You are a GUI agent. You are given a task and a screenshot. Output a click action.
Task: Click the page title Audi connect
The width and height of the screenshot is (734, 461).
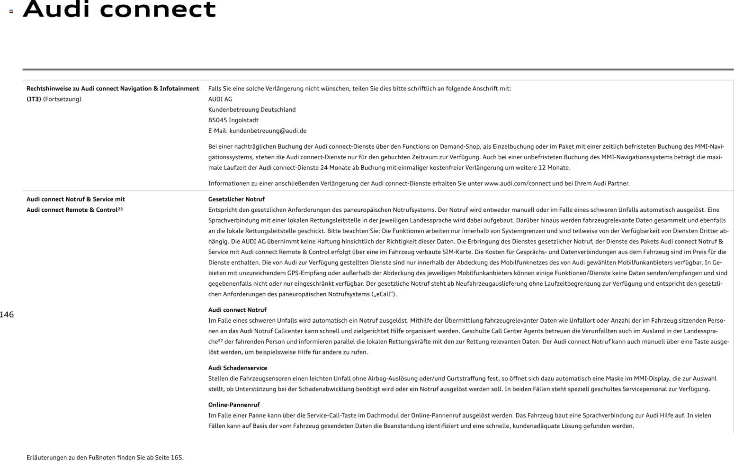click(119, 9)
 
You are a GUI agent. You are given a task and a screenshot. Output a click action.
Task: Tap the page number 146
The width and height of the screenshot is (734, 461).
click(7, 315)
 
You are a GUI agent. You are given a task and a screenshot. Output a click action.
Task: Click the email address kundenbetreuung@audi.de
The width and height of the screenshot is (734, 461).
click(268, 131)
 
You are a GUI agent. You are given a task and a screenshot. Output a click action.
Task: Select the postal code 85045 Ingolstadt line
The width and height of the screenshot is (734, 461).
click(233, 120)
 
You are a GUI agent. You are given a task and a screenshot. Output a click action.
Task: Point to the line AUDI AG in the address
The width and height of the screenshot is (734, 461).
click(220, 99)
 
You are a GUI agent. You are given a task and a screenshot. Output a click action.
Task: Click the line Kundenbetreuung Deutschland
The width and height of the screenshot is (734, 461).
click(251, 109)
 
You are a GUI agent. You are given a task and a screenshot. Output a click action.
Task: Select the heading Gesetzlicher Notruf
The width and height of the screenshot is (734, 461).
click(236, 199)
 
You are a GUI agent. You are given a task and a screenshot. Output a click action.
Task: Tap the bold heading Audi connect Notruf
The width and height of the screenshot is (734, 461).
click(237, 310)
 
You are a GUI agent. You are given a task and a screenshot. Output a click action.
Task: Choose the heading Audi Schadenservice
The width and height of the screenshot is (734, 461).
click(237, 368)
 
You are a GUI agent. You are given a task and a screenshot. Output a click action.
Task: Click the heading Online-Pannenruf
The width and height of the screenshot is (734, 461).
click(234, 405)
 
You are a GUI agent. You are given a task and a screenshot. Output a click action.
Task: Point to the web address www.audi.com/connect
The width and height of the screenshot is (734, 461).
click(517, 183)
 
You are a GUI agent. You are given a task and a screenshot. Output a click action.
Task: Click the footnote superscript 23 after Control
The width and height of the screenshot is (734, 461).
click(120, 208)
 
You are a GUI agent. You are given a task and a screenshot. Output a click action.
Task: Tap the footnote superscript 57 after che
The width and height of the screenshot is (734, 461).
click(220, 341)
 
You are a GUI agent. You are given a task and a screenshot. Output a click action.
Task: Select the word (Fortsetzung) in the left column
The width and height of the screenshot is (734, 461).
click(62, 99)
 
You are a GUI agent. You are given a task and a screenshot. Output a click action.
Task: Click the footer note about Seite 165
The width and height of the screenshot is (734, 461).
click(105, 458)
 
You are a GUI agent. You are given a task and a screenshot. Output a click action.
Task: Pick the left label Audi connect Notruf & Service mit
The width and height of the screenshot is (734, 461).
click(76, 199)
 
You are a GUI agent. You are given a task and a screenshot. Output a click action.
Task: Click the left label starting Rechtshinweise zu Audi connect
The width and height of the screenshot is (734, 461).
click(113, 89)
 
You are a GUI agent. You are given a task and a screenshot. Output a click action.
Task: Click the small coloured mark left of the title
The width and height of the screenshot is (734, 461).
click(11, 11)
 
